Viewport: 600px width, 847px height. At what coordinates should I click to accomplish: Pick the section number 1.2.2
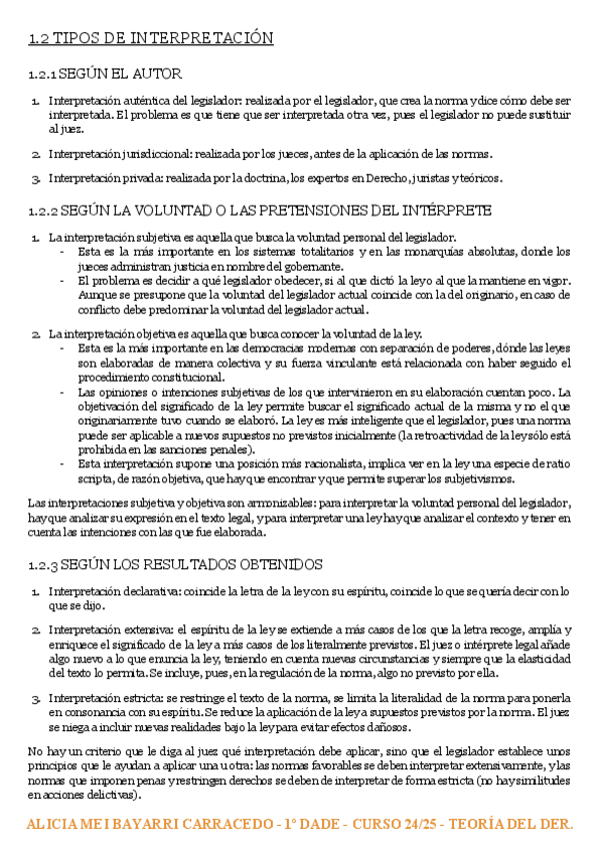(x=43, y=211)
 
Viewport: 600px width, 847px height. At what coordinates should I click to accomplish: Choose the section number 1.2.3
(x=43, y=564)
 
